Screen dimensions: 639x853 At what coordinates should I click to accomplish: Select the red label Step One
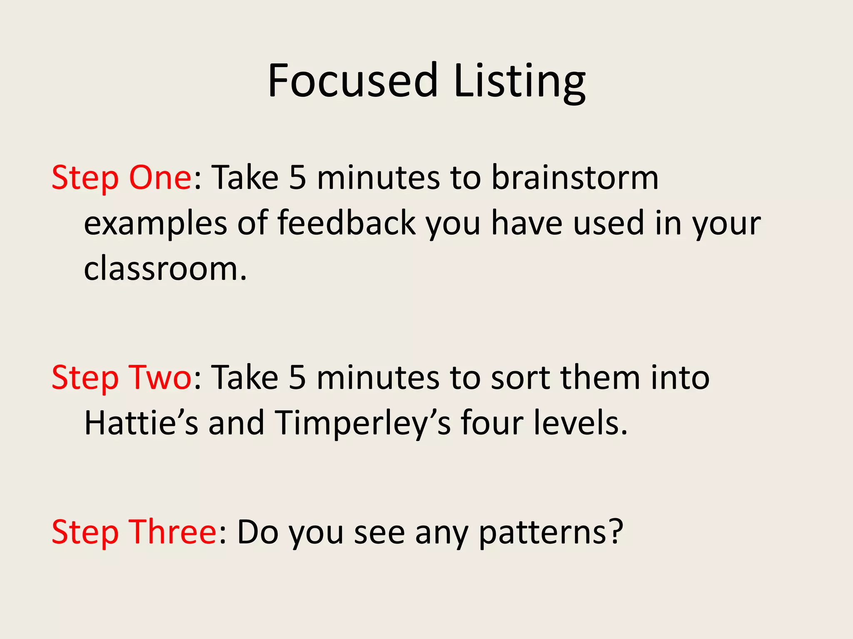click(121, 178)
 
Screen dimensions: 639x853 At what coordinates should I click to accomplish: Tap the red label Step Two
click(121, 378)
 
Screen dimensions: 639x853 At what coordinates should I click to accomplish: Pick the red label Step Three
click(134, 532)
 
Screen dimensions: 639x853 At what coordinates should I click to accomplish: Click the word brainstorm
click(575, 178)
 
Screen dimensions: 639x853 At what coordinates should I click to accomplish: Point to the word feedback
click(347, 223)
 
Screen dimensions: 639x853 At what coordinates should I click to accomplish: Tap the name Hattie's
click(141, 423)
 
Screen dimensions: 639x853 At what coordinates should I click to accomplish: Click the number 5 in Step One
click(297, 178)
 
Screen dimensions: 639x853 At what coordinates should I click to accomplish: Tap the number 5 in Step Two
click(297, 378)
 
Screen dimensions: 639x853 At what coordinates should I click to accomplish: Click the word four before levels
click(492, 423)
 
